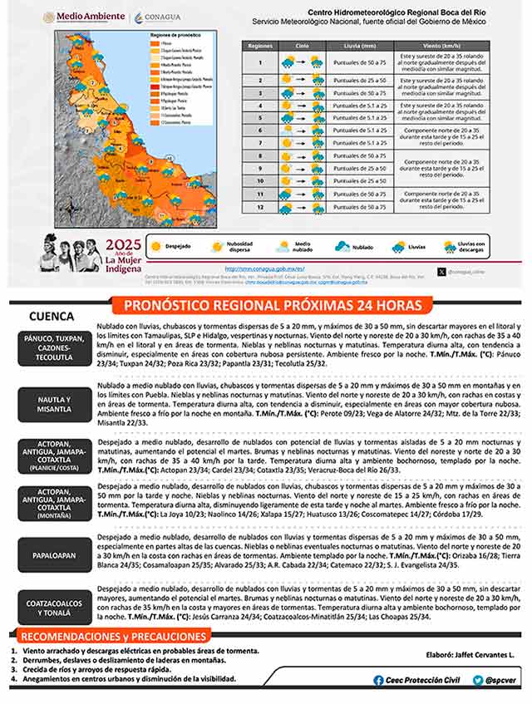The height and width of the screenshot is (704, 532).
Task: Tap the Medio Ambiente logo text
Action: click(73, 17)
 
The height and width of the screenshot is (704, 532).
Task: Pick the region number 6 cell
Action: click(260, 130)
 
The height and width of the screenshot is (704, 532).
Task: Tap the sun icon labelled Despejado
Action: click(155, 246)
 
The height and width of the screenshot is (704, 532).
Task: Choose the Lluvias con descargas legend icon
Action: click(450, 246)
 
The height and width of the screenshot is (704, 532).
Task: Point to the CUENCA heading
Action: click(51, 317)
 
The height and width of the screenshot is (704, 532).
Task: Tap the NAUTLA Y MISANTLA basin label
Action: click(54, 404)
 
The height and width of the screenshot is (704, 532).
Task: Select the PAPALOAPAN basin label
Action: click(54, 554)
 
